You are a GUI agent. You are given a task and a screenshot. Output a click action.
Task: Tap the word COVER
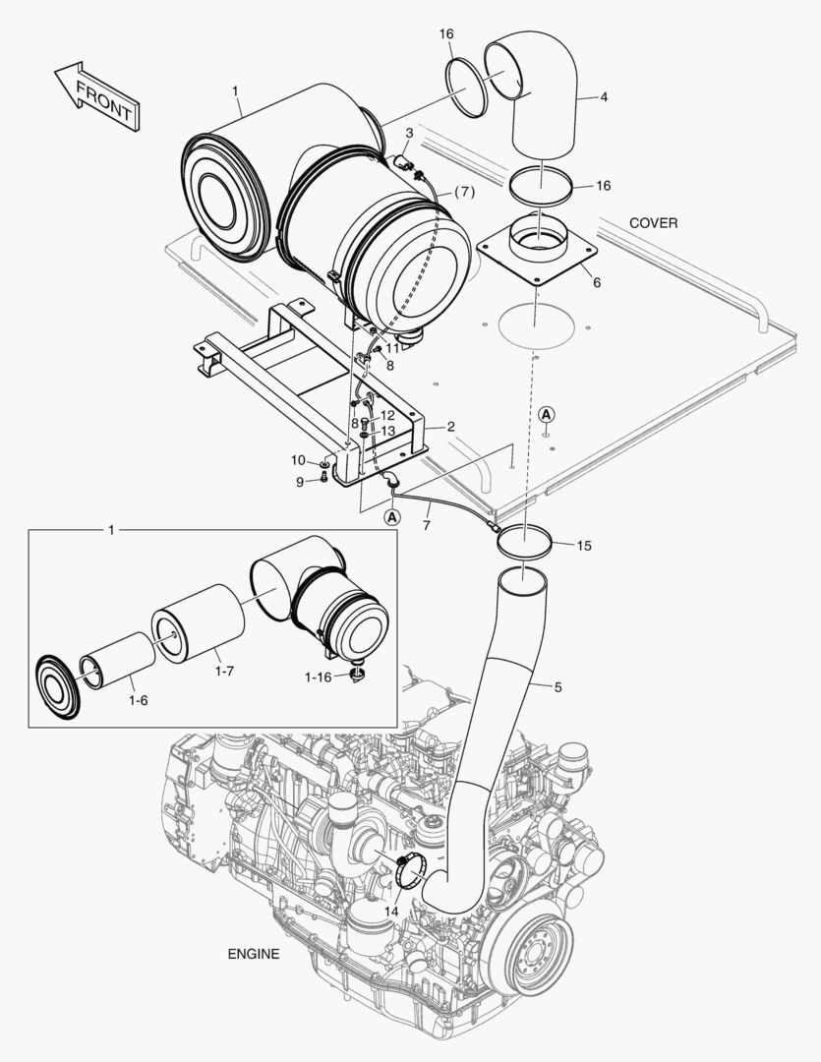pos(653,223)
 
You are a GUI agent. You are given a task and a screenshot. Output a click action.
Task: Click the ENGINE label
pos(254,954)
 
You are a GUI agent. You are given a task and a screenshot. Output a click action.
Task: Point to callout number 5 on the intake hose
pos(557,687)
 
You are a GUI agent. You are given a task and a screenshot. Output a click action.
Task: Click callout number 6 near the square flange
pos(596,282)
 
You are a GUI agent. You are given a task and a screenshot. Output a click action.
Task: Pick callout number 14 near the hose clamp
pos(391,912)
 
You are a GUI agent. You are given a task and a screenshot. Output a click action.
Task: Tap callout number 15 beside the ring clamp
pos(584,545)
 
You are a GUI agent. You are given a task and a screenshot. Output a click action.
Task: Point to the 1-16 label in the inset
pos(318,678)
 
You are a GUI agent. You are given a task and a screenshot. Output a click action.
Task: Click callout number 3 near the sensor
pos(407,133)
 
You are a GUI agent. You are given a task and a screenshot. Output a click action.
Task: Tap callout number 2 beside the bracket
pos(450,426)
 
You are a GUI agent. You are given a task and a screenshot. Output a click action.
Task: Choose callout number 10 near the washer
pos(298,460)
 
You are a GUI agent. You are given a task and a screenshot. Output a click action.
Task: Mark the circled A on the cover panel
pos(547,415)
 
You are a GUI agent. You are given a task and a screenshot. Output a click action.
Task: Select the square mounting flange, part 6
pos(536,253)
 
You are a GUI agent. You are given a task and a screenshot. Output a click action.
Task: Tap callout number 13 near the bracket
pos(387,431)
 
